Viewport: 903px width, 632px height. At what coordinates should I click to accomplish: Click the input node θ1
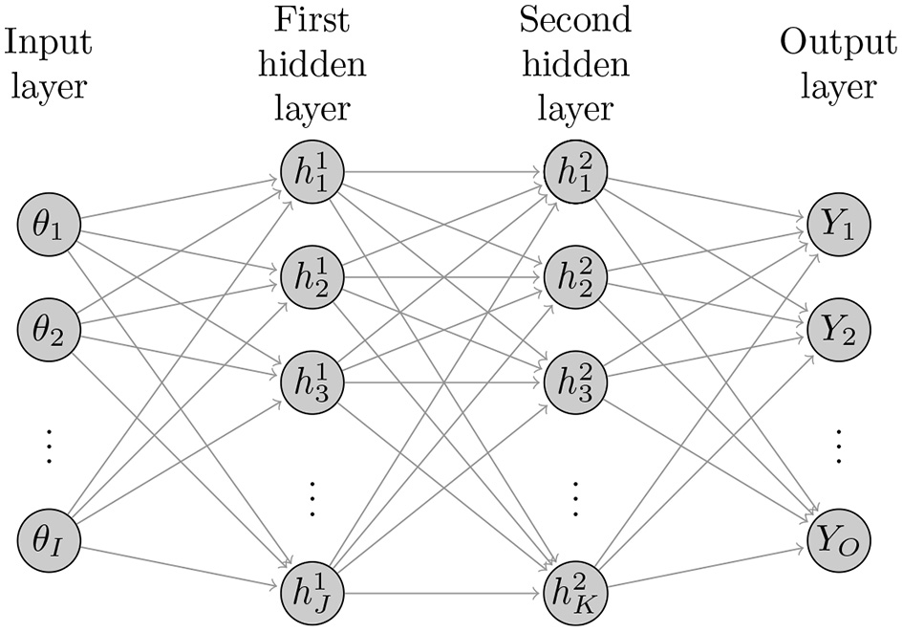(47, 226)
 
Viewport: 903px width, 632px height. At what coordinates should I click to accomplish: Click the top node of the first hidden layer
(310, 173)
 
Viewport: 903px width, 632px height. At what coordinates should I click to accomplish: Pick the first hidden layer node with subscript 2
(310, 277)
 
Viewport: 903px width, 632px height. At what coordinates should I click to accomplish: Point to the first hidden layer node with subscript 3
(310, 381)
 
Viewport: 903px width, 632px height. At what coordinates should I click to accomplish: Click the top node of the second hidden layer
(572, 173)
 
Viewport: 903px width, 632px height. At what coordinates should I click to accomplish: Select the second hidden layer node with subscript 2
(572, 277)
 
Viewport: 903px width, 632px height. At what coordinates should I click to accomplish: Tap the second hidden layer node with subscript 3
(572, 381)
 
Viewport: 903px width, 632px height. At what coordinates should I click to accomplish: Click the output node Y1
(835, 226)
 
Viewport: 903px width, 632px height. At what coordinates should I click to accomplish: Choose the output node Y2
(835, 330)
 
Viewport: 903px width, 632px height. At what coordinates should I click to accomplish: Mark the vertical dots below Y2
(836, 445)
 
